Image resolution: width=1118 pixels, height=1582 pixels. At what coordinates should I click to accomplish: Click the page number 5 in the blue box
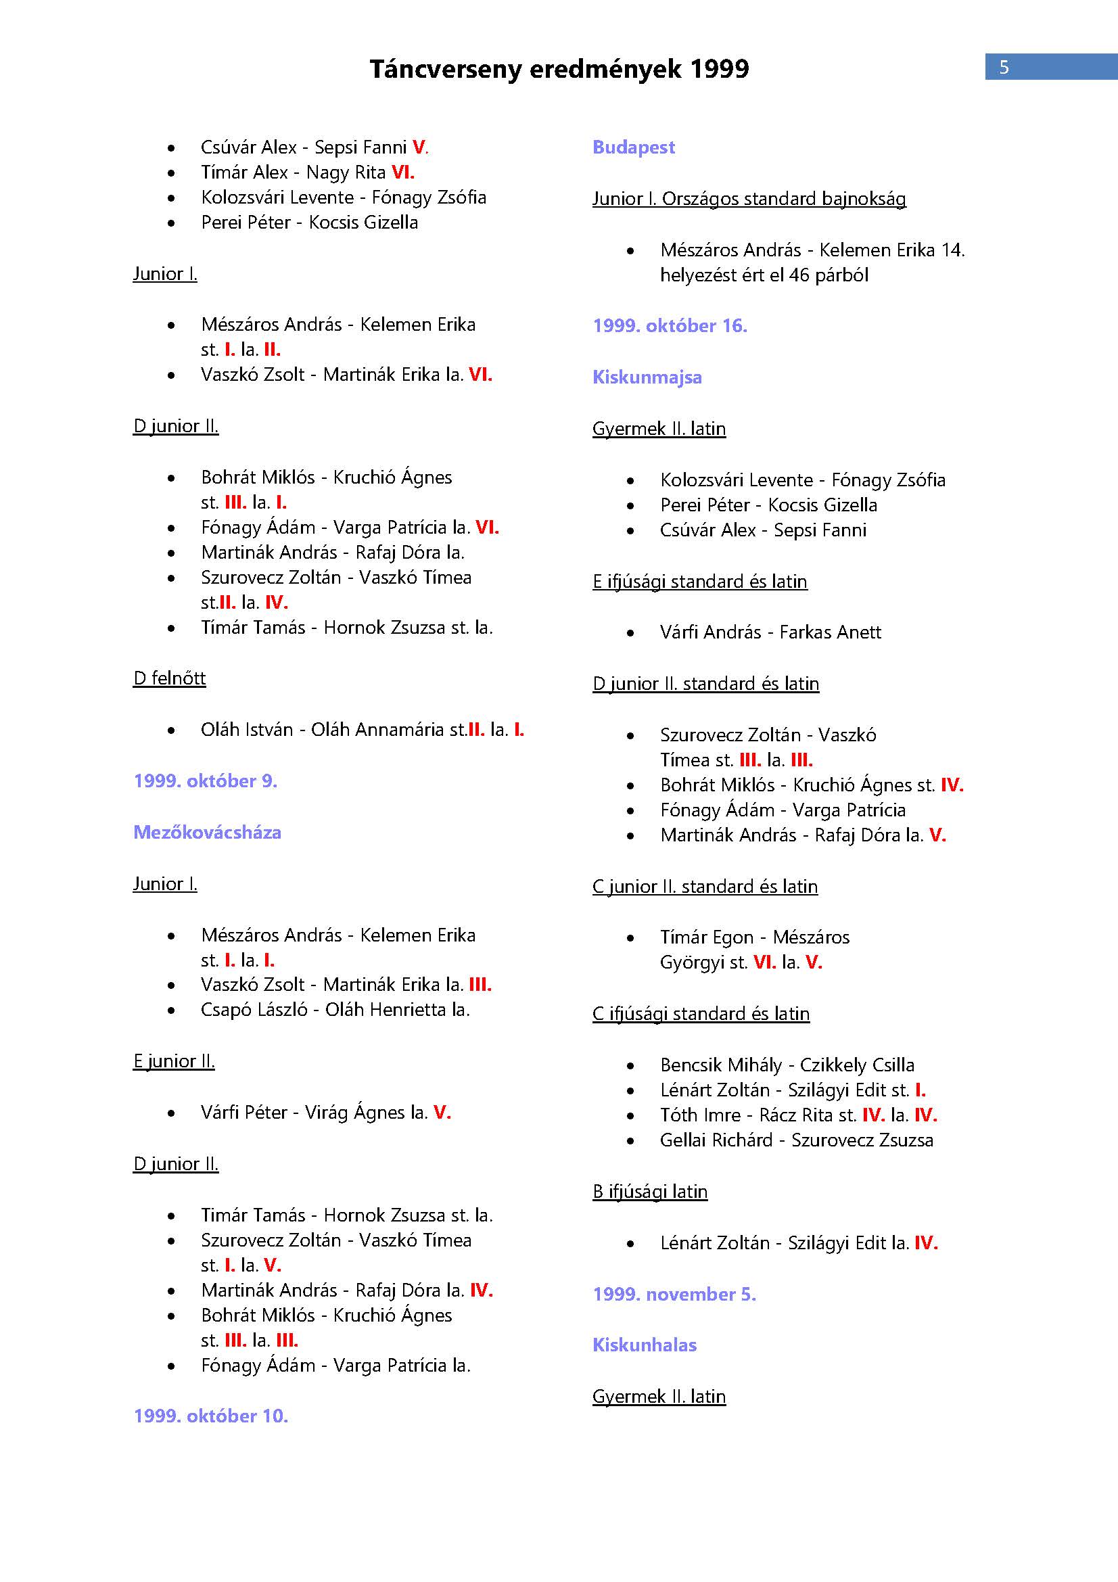tap(1004, 67)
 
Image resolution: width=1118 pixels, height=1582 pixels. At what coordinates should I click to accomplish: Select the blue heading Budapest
tap(633, 147)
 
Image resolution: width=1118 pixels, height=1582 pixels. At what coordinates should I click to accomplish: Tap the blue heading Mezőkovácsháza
tap(207, 833)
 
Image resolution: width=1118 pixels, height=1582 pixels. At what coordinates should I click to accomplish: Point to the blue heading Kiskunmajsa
tap(647, 377)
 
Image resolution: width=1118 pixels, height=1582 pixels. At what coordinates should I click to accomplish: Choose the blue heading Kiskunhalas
tap(644, 1345)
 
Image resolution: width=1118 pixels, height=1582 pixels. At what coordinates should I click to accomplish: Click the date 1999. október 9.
tap(204, 781)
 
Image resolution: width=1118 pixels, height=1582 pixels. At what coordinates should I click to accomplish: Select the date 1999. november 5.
tap(674, 1294)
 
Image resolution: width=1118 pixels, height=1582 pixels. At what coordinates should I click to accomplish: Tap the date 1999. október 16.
tap(670, 325)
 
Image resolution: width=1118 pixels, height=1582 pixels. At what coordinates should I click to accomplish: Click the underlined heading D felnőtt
tap(170, 678)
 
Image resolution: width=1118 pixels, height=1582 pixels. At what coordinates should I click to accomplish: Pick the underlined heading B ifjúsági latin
tap(649, 1191)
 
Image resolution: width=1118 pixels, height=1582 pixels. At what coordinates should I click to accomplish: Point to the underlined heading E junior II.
tap(174, 1061)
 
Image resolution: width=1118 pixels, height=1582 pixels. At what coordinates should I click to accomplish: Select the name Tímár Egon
tap(706, 937)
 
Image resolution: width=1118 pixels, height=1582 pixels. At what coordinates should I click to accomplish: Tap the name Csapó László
tap(254, 1010)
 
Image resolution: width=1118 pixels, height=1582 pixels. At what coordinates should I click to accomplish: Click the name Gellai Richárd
tap(716, 1140)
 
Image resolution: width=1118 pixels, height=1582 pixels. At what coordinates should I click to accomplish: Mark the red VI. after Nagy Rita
tap(403, 172)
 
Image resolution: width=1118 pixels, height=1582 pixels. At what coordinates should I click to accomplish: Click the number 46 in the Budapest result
tap(799, 275)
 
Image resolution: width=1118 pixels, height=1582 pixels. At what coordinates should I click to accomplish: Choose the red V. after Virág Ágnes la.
tap(442, 1112)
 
